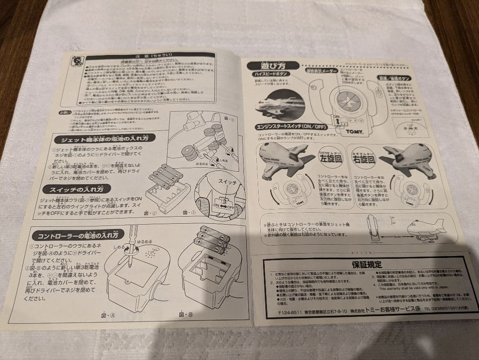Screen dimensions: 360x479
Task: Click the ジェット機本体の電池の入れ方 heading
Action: point(105,139)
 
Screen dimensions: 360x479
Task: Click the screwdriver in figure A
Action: point(133,246)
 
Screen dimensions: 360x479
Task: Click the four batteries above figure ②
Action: point(165,175)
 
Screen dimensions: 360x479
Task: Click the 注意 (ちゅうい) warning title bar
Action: point(150,56)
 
